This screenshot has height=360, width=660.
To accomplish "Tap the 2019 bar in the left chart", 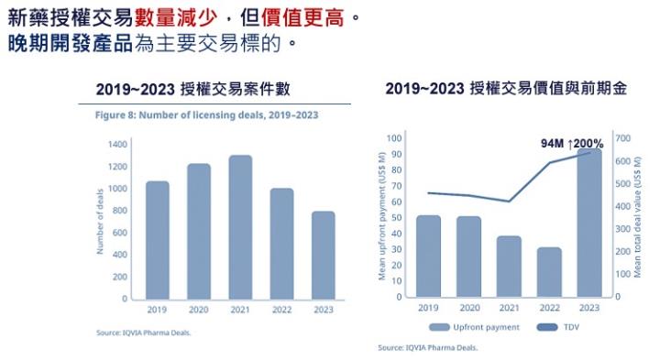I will click(x=157, y=240).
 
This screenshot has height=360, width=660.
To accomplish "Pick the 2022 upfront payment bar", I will click(x=549, y=272).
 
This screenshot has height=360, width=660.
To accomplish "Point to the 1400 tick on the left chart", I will click(x=116, y=145).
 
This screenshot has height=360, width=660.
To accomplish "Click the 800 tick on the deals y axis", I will click(x=119, y=211).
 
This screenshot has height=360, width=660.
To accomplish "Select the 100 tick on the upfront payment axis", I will click(x=395, y=138).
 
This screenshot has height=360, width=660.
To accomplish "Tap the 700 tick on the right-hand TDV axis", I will click(x=623, y=138).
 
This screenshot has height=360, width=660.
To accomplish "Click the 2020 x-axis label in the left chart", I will click(x=199, y=310).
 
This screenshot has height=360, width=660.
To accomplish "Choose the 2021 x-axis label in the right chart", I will click(x=509, y=309).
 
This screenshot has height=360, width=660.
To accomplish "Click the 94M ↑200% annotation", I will click(x=572, y=144).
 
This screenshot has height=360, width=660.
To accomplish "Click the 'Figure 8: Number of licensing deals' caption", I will click(x=208, y=115).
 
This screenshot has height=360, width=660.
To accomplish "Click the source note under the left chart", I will click(x=144, y=333).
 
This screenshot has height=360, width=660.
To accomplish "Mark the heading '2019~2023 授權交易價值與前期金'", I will click(x=506, y=89).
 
